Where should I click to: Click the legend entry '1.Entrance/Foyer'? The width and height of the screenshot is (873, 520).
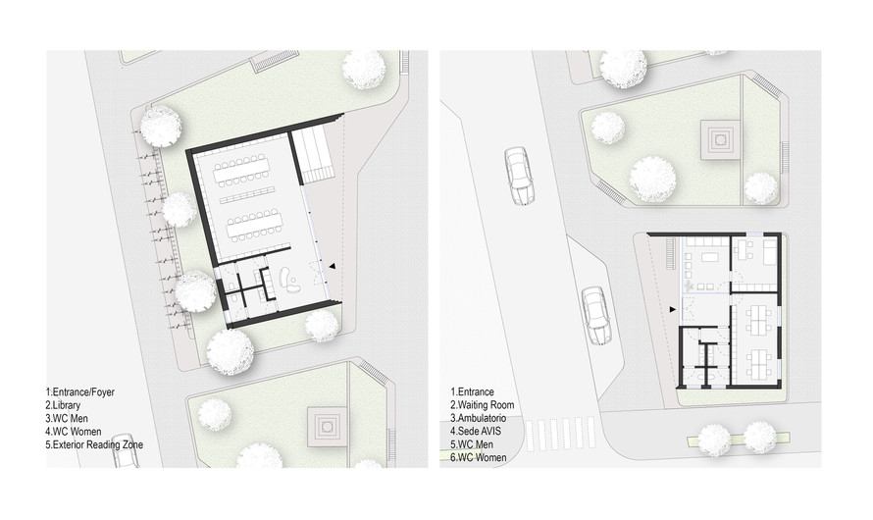point(80,391)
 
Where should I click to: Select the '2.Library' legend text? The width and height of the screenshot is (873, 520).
point(63,405)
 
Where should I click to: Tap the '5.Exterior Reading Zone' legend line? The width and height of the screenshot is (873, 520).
point(94,444)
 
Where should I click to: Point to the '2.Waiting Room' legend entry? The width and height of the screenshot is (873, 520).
point(483,405)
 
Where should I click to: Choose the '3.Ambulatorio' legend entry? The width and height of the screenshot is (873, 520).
point(479,418)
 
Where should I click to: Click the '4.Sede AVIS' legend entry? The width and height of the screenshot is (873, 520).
point(476,431)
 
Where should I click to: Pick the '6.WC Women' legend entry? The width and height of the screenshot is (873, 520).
point(479,457)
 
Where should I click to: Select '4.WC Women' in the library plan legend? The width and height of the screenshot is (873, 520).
point(74,432)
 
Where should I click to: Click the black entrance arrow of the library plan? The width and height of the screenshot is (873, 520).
point(333,266)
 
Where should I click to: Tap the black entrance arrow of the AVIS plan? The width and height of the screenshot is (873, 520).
point(673,309)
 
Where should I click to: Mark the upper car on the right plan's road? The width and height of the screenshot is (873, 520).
point(519,177)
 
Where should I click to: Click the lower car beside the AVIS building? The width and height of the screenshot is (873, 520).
point(595,316)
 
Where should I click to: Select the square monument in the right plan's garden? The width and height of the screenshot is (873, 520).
point(722,139)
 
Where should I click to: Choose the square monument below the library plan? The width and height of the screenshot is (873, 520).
point(327,427)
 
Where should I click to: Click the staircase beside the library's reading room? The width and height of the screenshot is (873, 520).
point(314,156)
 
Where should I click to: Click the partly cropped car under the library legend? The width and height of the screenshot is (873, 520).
point(126,451)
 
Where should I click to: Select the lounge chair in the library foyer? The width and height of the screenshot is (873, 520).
point(290,279)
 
